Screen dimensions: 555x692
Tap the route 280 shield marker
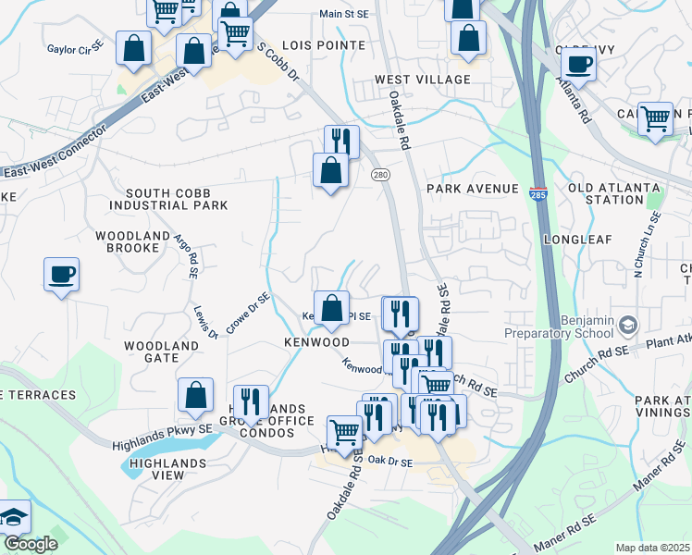pyautogui.click(x=379, y=174)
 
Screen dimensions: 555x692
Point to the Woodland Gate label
pyautogui.click(x=162, y=351)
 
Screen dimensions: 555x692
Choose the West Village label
pyautogui.click(x=422, y=80)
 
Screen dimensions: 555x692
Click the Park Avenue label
pyautogui.click(x=473, y=189)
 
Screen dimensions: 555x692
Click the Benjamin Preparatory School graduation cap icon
pyautogui.click(x=629, y=325)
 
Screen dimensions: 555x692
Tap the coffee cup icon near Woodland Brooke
pyautogui.click(x=61, y=275)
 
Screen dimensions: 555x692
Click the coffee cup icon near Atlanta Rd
pyautogui.click(x=578, y=64)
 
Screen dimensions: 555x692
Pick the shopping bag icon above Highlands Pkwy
pyautogui.click(x=196, y=395)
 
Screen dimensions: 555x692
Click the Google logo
pyautogui.click(x=31, y=544)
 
